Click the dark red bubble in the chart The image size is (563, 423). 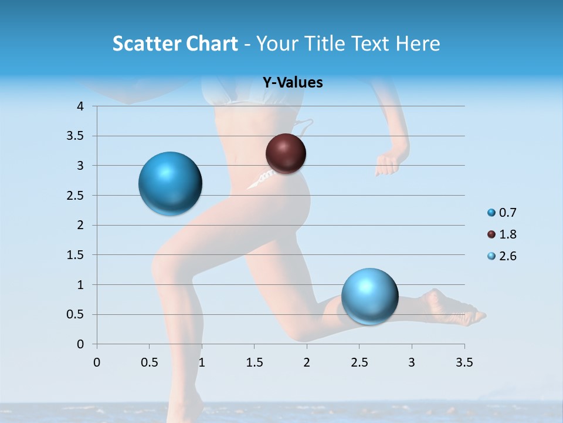(x=286, y=153)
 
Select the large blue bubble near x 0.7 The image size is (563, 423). (x=170, y=183)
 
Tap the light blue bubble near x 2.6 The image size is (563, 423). (x=369, y=296)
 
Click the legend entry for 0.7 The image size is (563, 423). (x=502, y=213)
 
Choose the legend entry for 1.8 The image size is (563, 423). (x=502, y=234)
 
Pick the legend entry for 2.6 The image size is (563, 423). (x=502, y=256)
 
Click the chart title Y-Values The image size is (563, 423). (x=292, y=83)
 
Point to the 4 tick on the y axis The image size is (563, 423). (x=81, y=106)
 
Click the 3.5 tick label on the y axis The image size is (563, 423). (x=77, y=136)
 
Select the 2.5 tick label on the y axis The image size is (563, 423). (x=77, y=196)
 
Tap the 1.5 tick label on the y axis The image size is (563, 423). (x=77, y=255)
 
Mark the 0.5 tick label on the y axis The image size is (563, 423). (x=77, y=314)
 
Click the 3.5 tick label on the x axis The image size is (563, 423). (x=464, y=362)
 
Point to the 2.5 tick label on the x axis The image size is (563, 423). (x=359, y=362)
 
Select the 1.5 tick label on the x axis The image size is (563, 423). (x=254, y=362)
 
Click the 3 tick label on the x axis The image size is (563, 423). (x=412, y=362)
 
